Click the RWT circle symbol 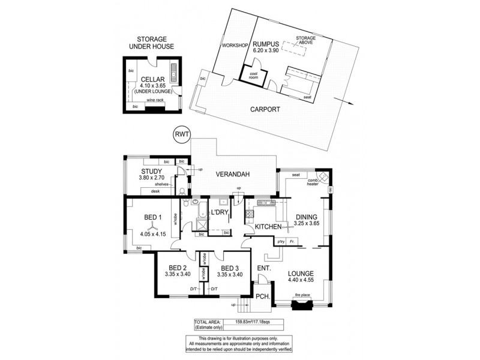pos(181,135)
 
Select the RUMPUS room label pos(264,44)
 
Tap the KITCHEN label pos(268,227)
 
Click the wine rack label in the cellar pos(155,100)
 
